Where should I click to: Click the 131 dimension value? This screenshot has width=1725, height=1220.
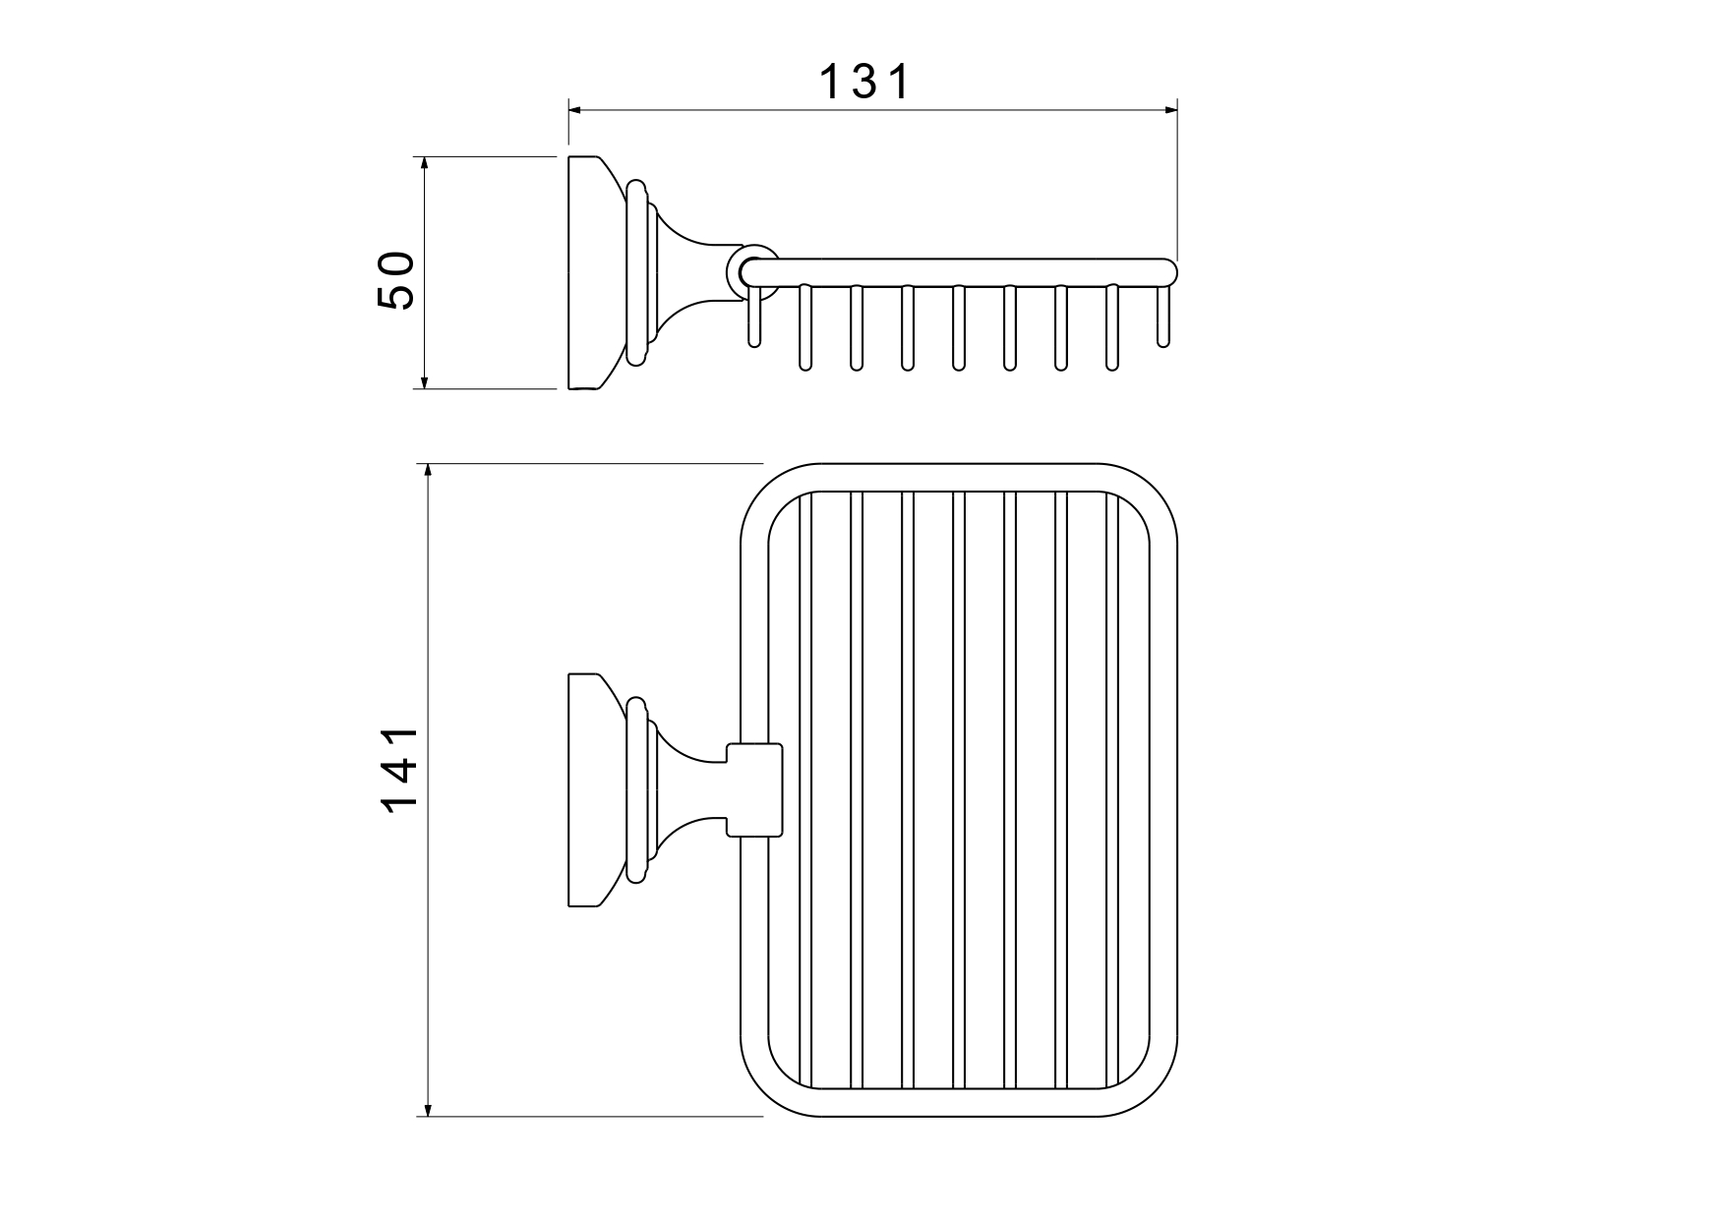865,83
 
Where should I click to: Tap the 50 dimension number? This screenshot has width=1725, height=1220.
396,281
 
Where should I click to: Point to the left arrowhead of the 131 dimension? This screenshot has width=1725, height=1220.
578,109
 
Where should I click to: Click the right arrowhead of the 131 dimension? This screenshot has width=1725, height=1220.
1167,109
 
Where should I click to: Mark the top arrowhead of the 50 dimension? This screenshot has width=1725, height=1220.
425,166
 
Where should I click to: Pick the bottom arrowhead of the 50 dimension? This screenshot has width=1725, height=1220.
425,378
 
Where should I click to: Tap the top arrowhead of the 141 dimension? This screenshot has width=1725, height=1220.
428,474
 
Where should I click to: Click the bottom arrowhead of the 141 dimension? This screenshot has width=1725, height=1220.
428,1106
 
